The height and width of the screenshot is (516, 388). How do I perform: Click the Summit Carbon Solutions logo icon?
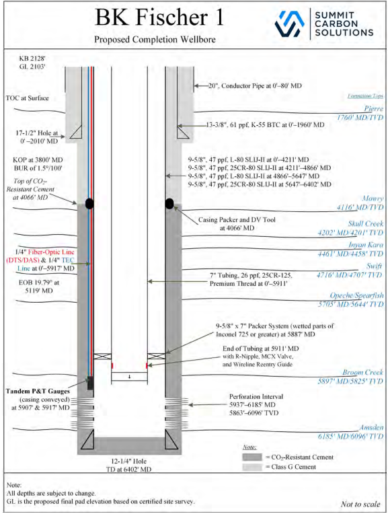pyautogui.click(x=290, y=24)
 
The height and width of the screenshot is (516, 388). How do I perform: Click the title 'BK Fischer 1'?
pyautogui.click(x=159, y=17)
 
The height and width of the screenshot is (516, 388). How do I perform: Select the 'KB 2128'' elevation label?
pyautogui.click(x=32, y=59)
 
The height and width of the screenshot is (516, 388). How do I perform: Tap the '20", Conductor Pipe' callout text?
pyautogui.click(x=255, y=86)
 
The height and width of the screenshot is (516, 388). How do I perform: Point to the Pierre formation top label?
pyautogui.click(x=373, y=108)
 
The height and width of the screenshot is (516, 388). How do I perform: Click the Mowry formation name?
pyautogui.click(x=373, y=198)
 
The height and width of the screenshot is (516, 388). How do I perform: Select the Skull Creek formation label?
pyautogui.click(x=366, y=224)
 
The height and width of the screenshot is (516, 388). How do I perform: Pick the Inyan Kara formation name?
pyautogui.click(x=366, y=245)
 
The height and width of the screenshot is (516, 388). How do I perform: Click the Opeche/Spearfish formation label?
pyautogui.click(x=357, y=295)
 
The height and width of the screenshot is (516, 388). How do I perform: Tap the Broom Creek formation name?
pyautogui.click(x=362, y=372)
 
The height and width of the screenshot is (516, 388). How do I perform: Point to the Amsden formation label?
pyautogui.click(x=371, y=427)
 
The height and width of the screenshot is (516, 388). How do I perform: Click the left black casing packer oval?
pyautogui.click(x=89, y=204)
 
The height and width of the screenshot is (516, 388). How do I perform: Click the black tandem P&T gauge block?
pyautogui.click(x=90, y=383)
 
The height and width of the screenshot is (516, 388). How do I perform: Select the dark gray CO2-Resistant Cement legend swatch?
pyautogui.click(x=252, y=457)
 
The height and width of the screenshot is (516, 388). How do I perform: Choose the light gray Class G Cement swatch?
pyautogui.click(x=252, y=467)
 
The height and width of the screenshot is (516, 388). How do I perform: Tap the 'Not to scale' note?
pyautogui.click(x=360, y=504)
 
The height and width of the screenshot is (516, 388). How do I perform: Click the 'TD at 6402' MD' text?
pyautogui.click(x=128, y=470)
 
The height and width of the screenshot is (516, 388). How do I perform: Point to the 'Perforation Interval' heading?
pyautogui.click(x=256, y=396)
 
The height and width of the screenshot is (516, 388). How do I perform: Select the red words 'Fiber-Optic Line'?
pyautogui.click(x=51, y=252)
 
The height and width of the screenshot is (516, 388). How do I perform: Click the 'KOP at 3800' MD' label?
pyautogui.click(x=38, y=160)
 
